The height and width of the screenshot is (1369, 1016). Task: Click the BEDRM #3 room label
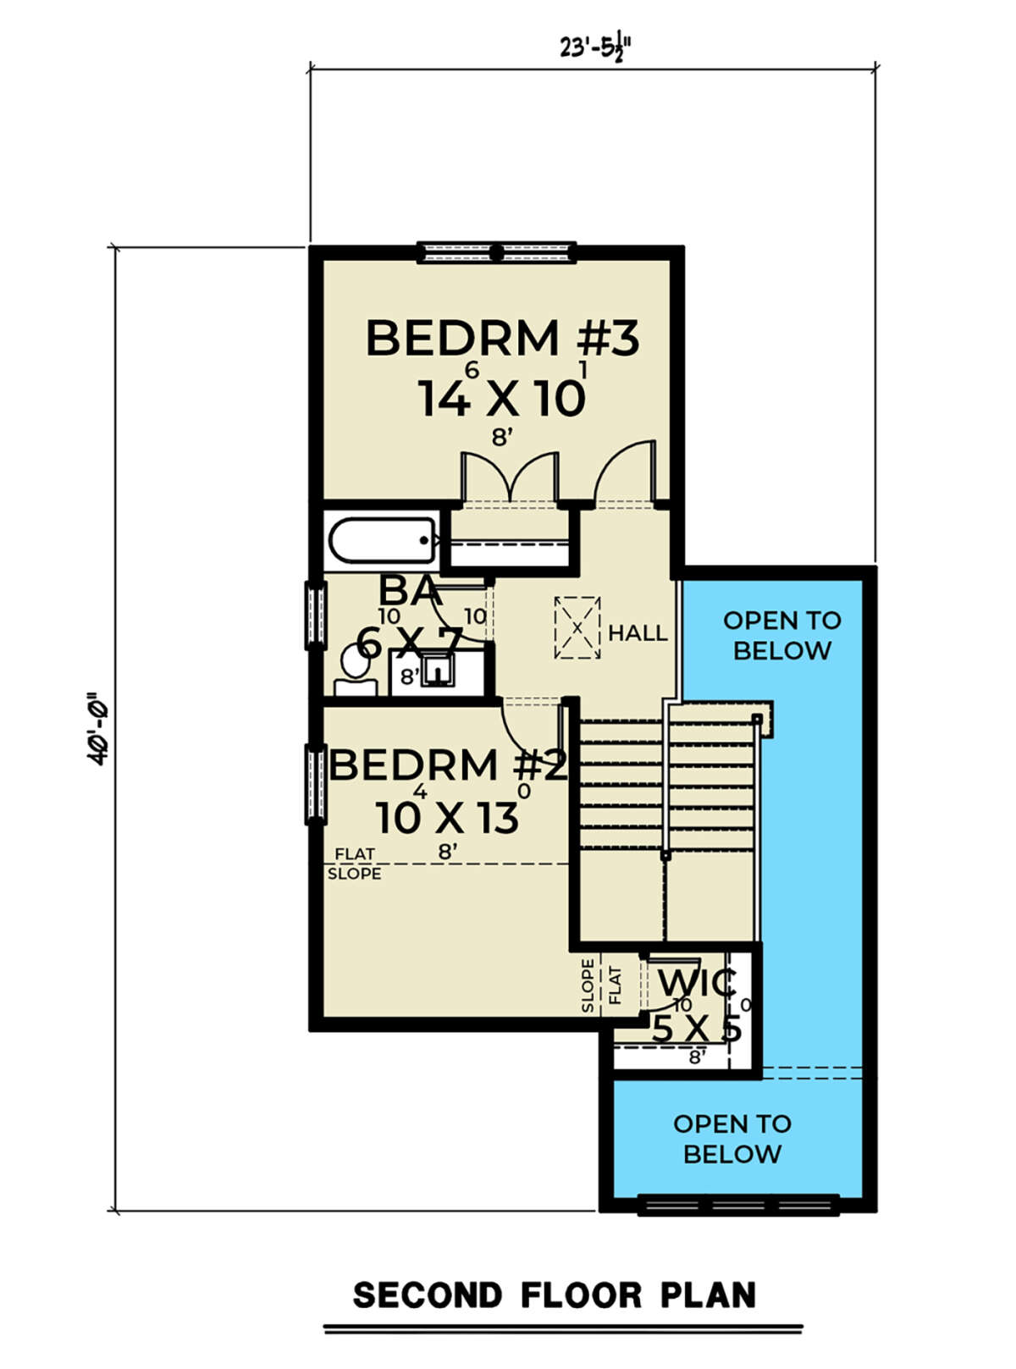[502, 338]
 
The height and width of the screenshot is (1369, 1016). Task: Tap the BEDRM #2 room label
[448, 765]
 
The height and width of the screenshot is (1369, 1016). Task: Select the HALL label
[638, 632]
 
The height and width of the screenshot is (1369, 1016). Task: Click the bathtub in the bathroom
[383, 541]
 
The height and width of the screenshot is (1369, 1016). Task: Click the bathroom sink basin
[438, 671]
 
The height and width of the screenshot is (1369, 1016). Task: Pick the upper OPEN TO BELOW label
[782, 635]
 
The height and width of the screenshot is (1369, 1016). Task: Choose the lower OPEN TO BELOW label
[732, 1139]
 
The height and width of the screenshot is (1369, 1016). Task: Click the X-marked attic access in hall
[577, 627]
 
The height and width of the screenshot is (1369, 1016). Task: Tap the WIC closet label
[697, 982]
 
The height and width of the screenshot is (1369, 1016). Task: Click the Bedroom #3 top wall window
[496, 253]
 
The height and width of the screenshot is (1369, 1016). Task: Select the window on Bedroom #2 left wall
[316, 784]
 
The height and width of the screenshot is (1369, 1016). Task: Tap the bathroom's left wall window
[316, 615]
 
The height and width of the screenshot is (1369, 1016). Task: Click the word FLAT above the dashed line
[355, 854]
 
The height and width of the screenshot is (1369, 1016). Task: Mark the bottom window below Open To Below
[738, 1204]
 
